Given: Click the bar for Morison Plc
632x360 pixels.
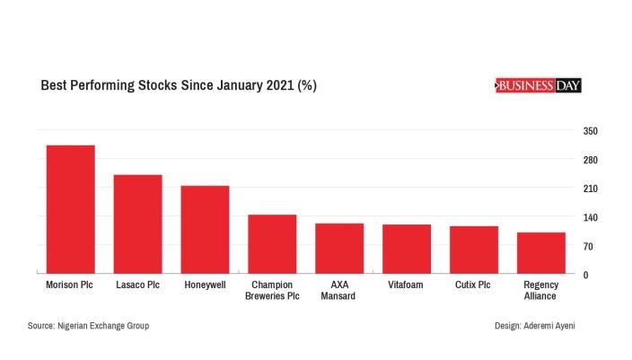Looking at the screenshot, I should click(70, 209).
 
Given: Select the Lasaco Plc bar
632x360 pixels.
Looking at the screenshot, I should click(137, 224).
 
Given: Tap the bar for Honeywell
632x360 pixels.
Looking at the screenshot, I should click(205, 230).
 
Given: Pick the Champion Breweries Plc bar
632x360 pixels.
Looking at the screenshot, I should click(272, 244).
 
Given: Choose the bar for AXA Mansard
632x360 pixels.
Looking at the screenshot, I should click(339, 249).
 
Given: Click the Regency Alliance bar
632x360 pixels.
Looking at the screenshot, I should click(541, 253).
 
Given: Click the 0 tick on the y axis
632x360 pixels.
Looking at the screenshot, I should click(586, 275).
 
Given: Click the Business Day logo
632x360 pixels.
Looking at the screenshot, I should click(539, 85).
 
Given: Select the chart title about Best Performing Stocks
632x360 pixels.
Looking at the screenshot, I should click(179, 86).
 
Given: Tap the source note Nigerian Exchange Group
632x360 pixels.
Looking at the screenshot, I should click(88, 325).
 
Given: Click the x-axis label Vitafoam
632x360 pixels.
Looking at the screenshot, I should click(407, 285).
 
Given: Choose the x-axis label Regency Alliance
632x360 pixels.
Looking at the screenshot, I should click(541, 290).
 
